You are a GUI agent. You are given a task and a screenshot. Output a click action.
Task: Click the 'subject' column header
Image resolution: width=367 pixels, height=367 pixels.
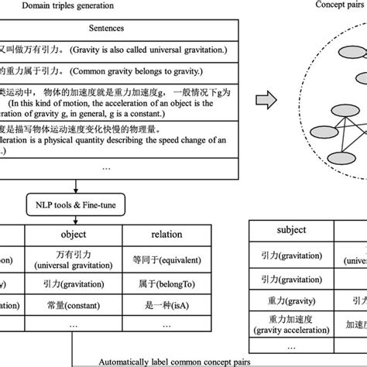click(290, 230)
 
